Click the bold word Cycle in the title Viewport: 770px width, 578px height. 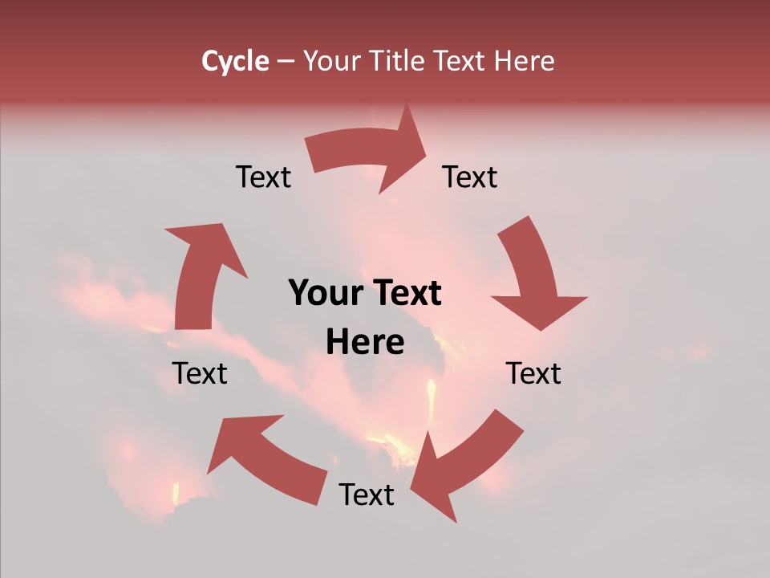[x=235, y=61]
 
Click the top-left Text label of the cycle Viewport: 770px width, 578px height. [x=263, y=177]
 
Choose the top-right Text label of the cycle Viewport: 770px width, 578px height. [x=470, y=177]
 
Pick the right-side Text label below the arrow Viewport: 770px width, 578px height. [x=533, y=373]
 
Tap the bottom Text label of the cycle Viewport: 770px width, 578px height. [x=367, y=495]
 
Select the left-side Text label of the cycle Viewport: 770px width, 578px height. [x=200, y=373]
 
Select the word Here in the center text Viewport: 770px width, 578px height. [x=365, y=343]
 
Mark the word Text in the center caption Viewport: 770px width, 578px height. [x=405, y=294]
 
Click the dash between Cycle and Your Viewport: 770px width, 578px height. [x=286, y=61]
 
